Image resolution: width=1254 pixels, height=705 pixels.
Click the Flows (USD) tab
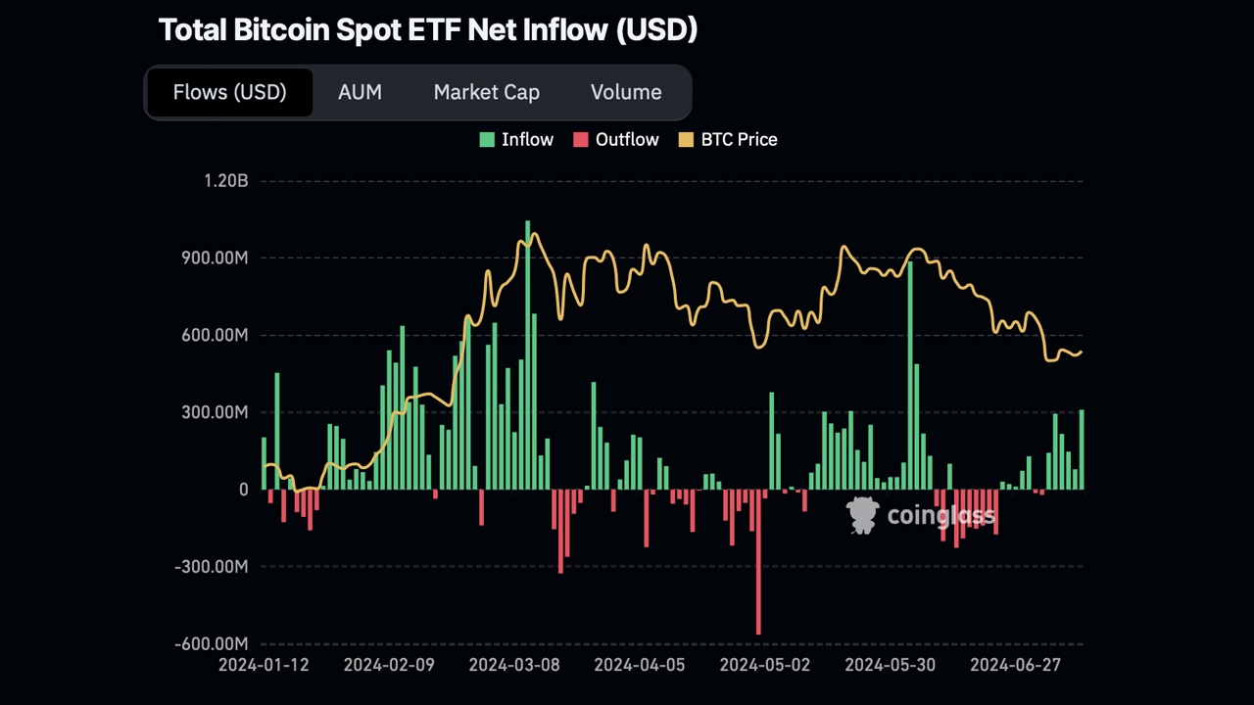click(x=229, y=92)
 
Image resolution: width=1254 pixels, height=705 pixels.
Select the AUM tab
click(x=360, y=92)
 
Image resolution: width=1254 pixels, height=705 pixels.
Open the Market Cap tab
click(x=486, y=92)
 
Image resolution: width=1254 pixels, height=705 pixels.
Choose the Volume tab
click(x=625, y=92)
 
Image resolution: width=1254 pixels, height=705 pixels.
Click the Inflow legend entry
click(x=516, y=139)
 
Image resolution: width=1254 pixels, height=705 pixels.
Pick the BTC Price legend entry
click(x=728, y=139)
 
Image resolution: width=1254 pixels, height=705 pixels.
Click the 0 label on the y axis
click(x=243, y=490)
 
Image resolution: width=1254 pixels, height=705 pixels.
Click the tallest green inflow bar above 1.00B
click(x=527, y=352)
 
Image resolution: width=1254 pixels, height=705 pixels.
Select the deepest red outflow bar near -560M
click(x=758, y=563)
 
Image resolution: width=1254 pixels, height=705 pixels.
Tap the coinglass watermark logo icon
click(x=863, y=515)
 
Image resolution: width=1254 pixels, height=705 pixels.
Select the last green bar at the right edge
click(x=1082, y=449)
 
